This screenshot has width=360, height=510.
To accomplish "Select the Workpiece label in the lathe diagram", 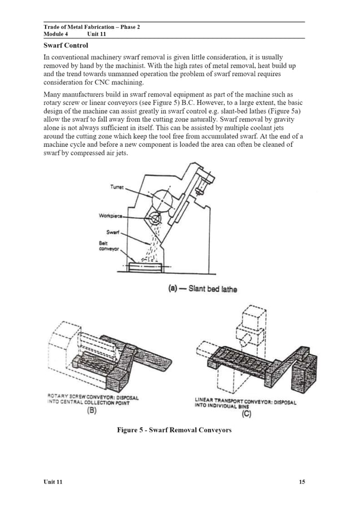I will (x=112, y=215).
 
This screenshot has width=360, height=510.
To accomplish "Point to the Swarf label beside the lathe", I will (x=112, y=232).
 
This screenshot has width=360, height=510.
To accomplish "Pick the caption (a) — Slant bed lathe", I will (x=203, y=289).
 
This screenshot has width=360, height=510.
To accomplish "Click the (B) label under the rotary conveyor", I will (x=91, y=412).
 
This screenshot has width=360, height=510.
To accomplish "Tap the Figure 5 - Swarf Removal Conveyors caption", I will (x=174, y=430).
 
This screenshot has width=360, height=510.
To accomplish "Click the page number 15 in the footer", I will (x=302, y=482).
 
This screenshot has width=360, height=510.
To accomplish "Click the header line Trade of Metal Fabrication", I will (x=91, y=27).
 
